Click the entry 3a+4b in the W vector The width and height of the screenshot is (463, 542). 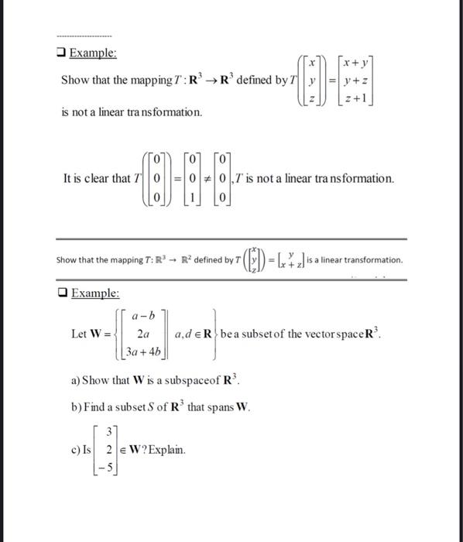[143, 353]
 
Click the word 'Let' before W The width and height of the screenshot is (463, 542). [78, 334]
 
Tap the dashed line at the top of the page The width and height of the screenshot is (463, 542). [84, 36]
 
